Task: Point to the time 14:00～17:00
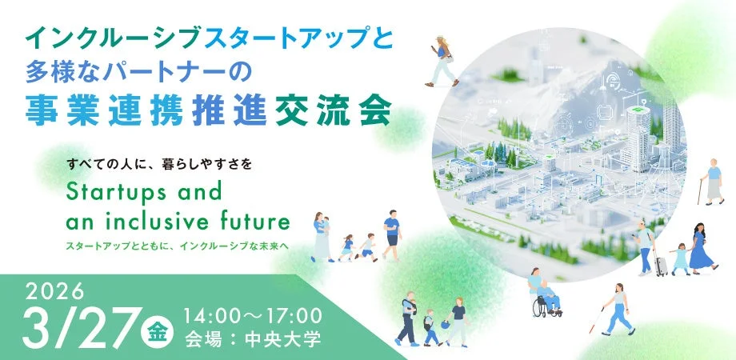point(253,312)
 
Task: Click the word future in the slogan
point(256,220)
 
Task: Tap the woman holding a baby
point(321,237)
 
